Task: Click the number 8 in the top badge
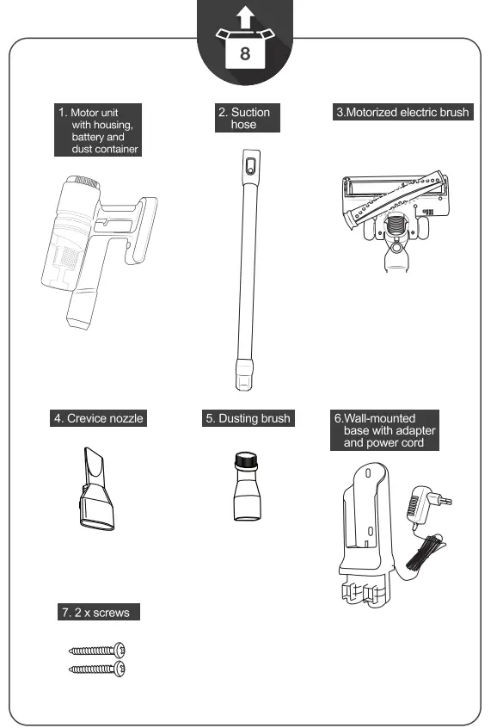(x=245, y=53)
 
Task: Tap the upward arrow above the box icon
(x=245, y=15)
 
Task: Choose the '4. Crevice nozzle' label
(x=98, y=418)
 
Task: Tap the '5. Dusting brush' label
(x=248, y=418)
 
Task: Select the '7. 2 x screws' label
(x=97, y=613)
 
